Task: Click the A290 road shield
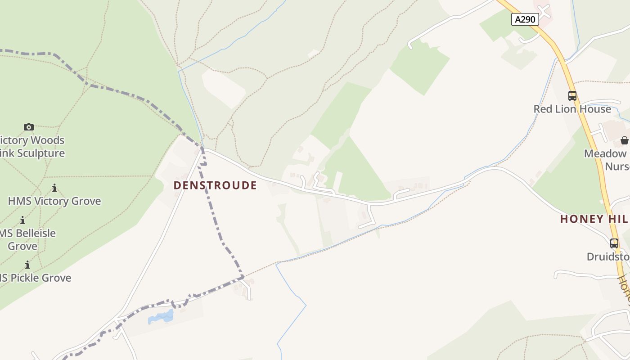coord(525,19)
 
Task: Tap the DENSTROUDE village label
coord(215,185)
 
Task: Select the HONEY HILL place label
coord(594,219)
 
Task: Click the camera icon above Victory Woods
coord(29,127)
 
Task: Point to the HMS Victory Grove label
coord(54,201)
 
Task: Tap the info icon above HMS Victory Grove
coord(54,188)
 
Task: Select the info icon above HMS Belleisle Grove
coord(22,220)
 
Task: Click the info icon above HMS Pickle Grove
coord(27,265)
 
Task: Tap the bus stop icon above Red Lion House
coord(572,96)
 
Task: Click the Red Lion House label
coord(572,109)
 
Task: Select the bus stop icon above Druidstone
coord(614,243)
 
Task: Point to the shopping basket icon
coord(624,140)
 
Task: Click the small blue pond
coord(161,317)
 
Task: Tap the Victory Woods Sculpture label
coord(32,147)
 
